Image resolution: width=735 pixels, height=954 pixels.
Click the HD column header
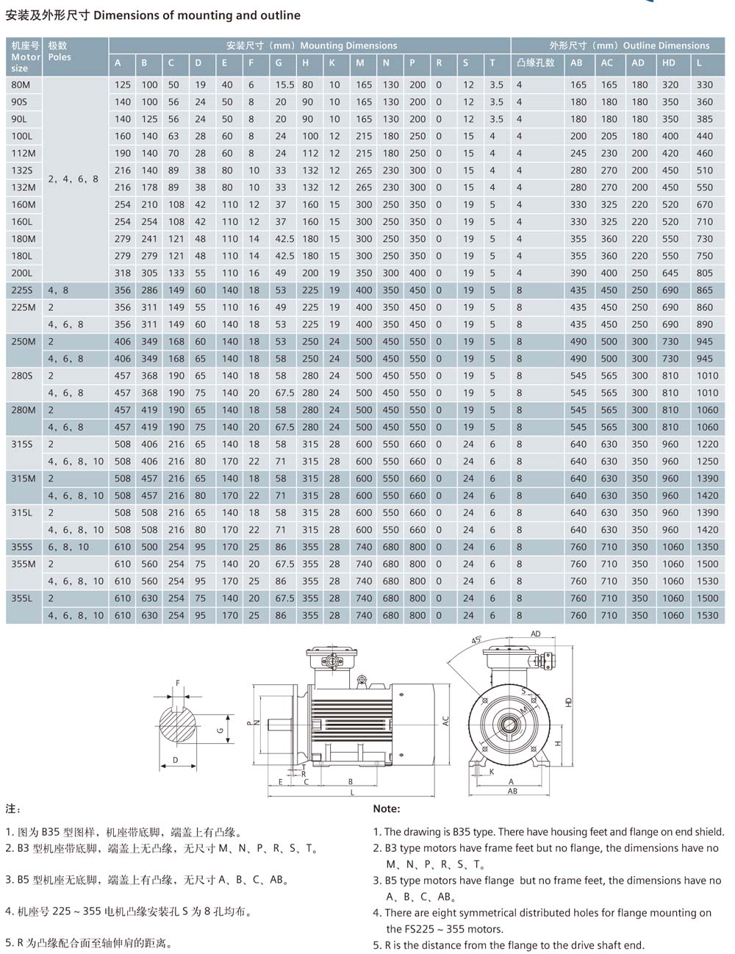[668, 62]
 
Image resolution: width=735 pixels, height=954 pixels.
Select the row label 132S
[21, 171]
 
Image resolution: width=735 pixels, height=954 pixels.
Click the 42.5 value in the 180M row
[284, 239]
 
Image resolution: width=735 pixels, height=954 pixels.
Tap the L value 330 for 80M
[704, 85]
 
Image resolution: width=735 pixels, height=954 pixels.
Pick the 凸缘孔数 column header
[535, 62]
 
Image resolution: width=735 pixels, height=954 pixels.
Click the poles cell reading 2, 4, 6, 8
[73, 179]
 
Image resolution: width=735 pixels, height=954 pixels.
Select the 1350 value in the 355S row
[707, 547]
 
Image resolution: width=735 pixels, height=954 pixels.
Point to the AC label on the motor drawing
[445, 721]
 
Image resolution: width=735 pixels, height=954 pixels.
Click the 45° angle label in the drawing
[476, 639]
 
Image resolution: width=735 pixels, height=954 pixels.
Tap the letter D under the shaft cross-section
[175, 760]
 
